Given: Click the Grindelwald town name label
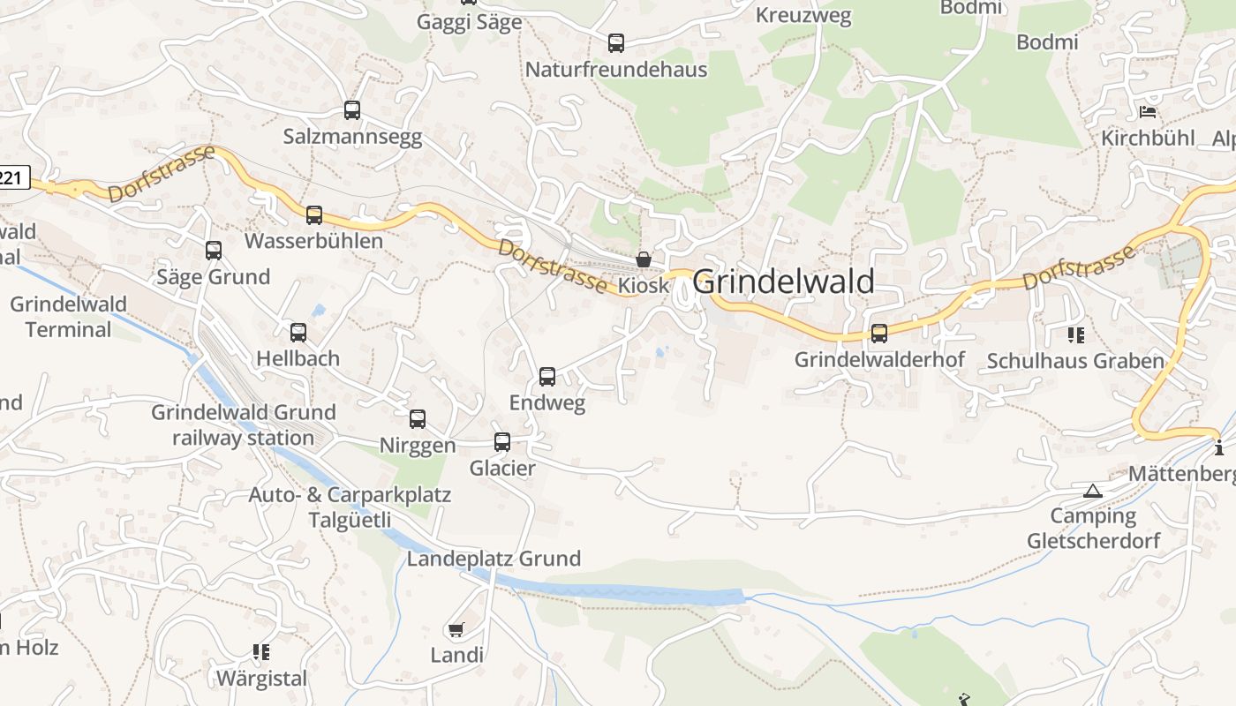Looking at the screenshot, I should [x=784, y=282].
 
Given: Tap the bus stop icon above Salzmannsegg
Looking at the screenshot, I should [x=352, y=110].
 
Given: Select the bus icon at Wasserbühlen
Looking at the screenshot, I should [x=314, y=214].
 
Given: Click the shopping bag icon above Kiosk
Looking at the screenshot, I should [x=644, y=259].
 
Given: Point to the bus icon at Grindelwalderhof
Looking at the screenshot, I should [x=879, y=334].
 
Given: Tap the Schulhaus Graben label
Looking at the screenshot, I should [x=1075, y=361].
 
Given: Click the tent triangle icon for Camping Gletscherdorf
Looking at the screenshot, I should [x=1093, y=491].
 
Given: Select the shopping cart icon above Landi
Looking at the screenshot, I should [x=456, y=629].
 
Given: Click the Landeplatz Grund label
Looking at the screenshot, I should [x=494, y=559].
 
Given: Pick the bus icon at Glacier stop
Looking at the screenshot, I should [x=502, y=442].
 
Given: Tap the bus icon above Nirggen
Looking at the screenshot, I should [x=418, y=419].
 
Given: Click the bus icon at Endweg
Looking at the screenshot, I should [x=547, y=377].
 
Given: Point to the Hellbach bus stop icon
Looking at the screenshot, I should [x=298, y=333].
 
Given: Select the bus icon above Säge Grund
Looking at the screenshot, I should [x=214, y=251].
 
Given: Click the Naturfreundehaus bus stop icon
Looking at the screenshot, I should [x=616, y=42].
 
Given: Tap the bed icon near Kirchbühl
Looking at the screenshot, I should [x=1148, y=112].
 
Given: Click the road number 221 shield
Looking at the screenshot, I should [x=12, y=178].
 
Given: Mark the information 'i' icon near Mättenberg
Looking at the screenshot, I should [x=1220, y=447].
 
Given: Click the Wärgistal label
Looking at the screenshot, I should [x=262, y=679].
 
